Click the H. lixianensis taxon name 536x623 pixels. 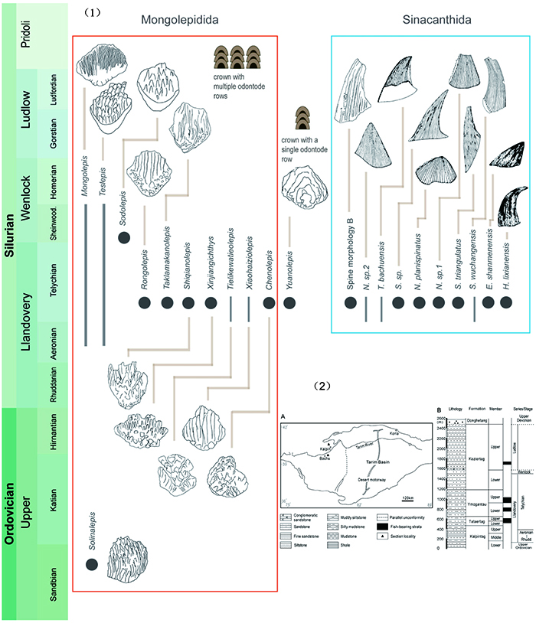pyautogui.click(x=505, y=259)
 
